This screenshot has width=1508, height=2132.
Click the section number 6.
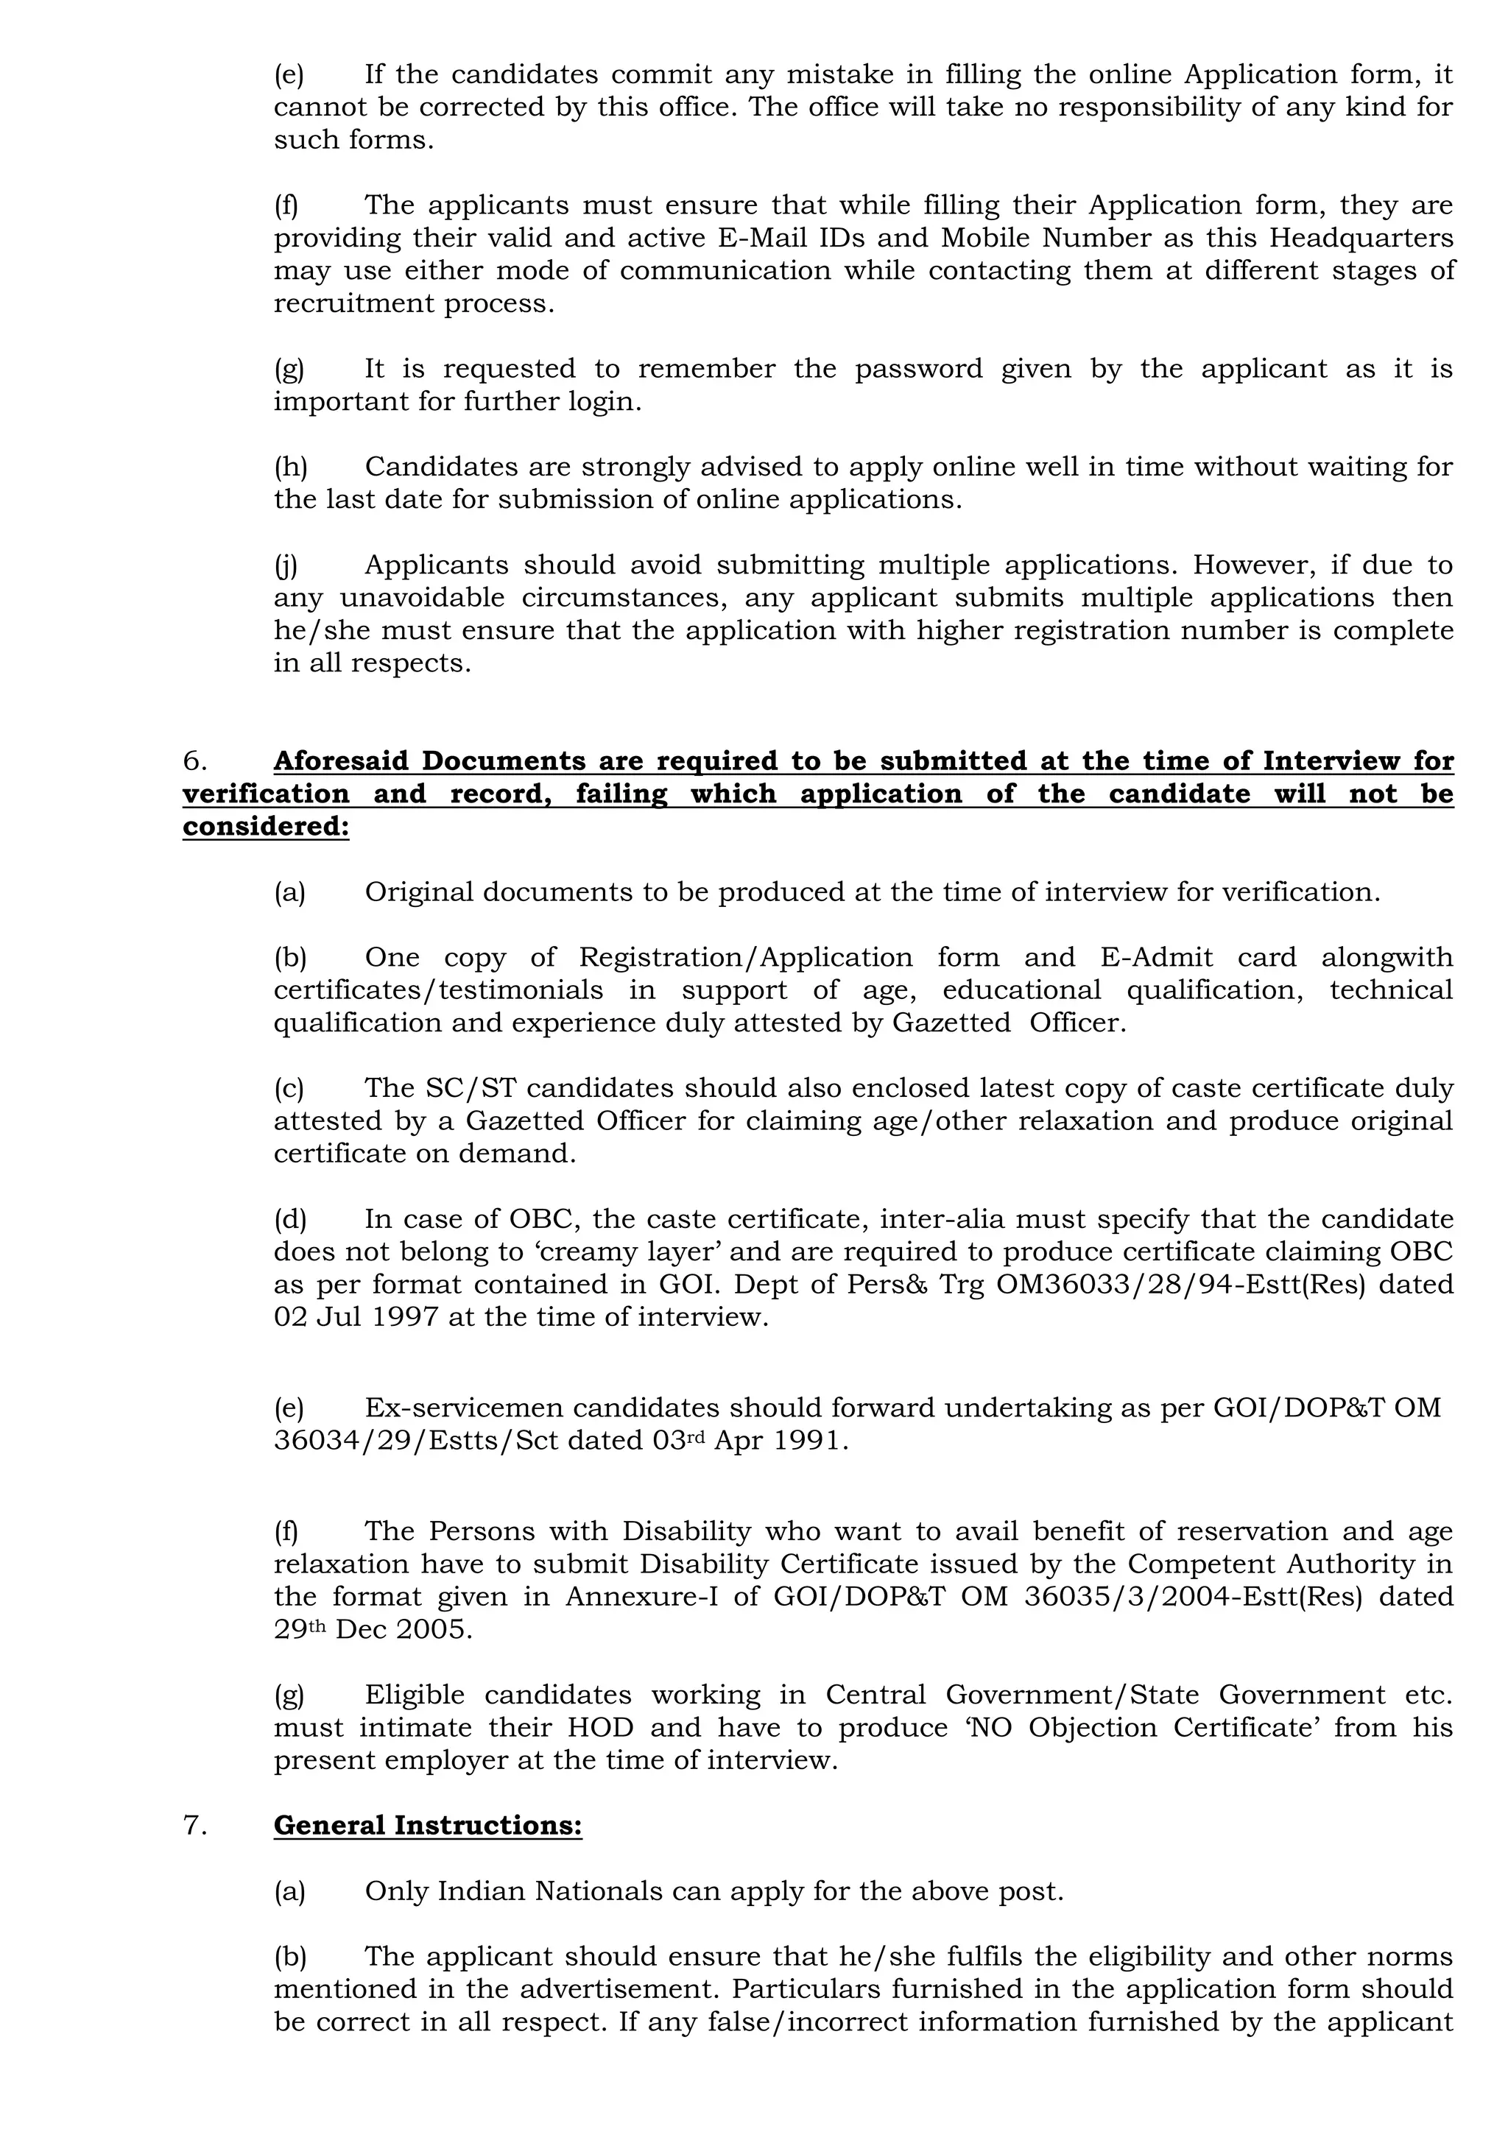point(194,761)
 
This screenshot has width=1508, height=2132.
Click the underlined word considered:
point(266,827)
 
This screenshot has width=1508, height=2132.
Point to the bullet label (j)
point(285,565)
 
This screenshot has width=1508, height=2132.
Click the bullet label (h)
point(289,467)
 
